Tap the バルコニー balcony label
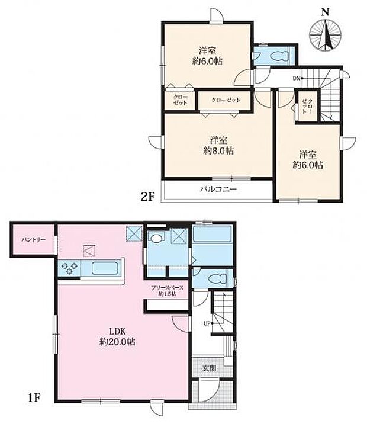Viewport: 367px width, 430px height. point(217,190)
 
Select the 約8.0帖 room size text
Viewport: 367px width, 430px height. point(220,151)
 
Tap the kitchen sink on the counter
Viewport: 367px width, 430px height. point(102,268)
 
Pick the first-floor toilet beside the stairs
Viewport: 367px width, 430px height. point(217,278)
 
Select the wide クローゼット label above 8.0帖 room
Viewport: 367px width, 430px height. point(226,100)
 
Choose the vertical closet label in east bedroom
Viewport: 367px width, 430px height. point(306,106)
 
